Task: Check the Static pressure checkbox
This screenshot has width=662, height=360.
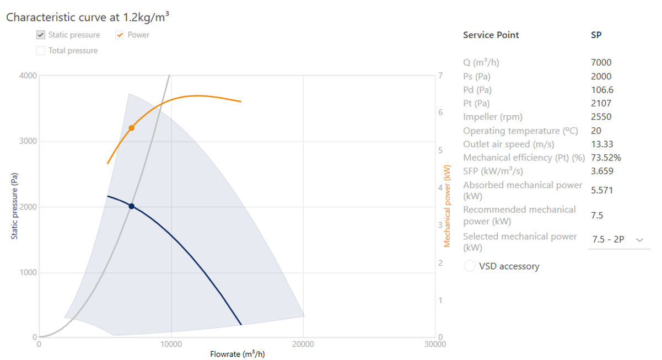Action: coord(41,35)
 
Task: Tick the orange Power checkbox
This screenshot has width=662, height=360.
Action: coord(120,35)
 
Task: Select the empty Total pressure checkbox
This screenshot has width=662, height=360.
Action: coord(41,51)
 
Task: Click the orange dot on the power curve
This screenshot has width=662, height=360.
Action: coord(132,128)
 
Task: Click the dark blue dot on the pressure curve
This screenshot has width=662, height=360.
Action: coord(132,206)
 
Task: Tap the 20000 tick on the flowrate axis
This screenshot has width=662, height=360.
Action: coord(303,345)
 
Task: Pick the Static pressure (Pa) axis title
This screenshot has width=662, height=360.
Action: coord(15,207)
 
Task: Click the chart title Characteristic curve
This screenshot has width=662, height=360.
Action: coord(87,17)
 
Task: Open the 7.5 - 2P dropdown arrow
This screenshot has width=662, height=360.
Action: coord(639,240)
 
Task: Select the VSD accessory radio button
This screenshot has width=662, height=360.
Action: coord(470,266)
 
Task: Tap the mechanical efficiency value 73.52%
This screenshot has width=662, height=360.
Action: coord(606,158)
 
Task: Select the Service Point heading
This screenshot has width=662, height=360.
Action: coord(491,35)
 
